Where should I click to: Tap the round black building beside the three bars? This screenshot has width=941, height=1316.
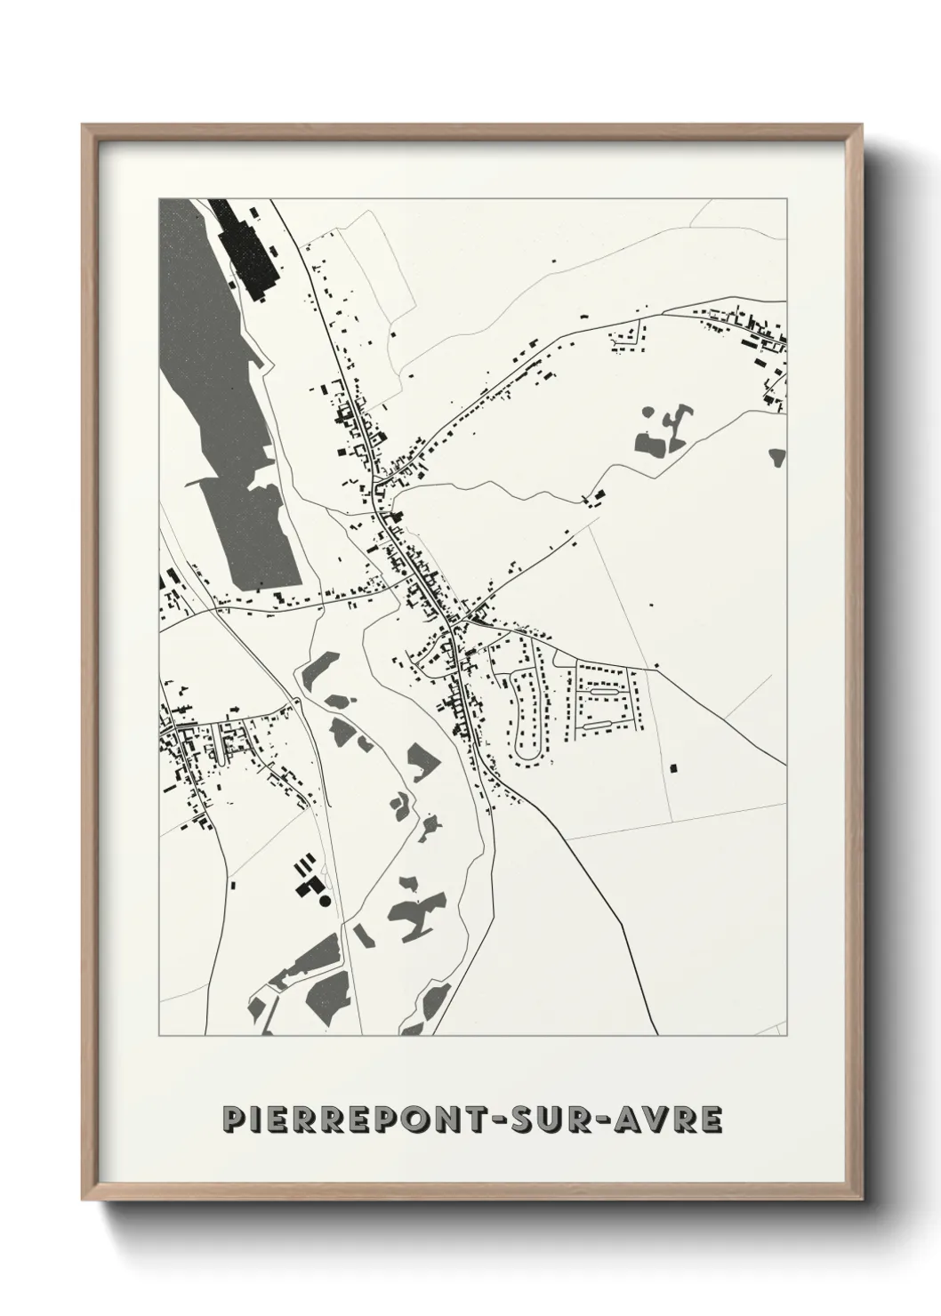(x=324, y=901)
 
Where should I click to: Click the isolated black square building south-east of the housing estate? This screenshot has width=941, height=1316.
(x=673, y=766)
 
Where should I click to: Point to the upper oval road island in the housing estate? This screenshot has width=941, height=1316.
(x=605, y=689)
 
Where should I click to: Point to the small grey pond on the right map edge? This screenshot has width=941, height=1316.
(x=778, y=457)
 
